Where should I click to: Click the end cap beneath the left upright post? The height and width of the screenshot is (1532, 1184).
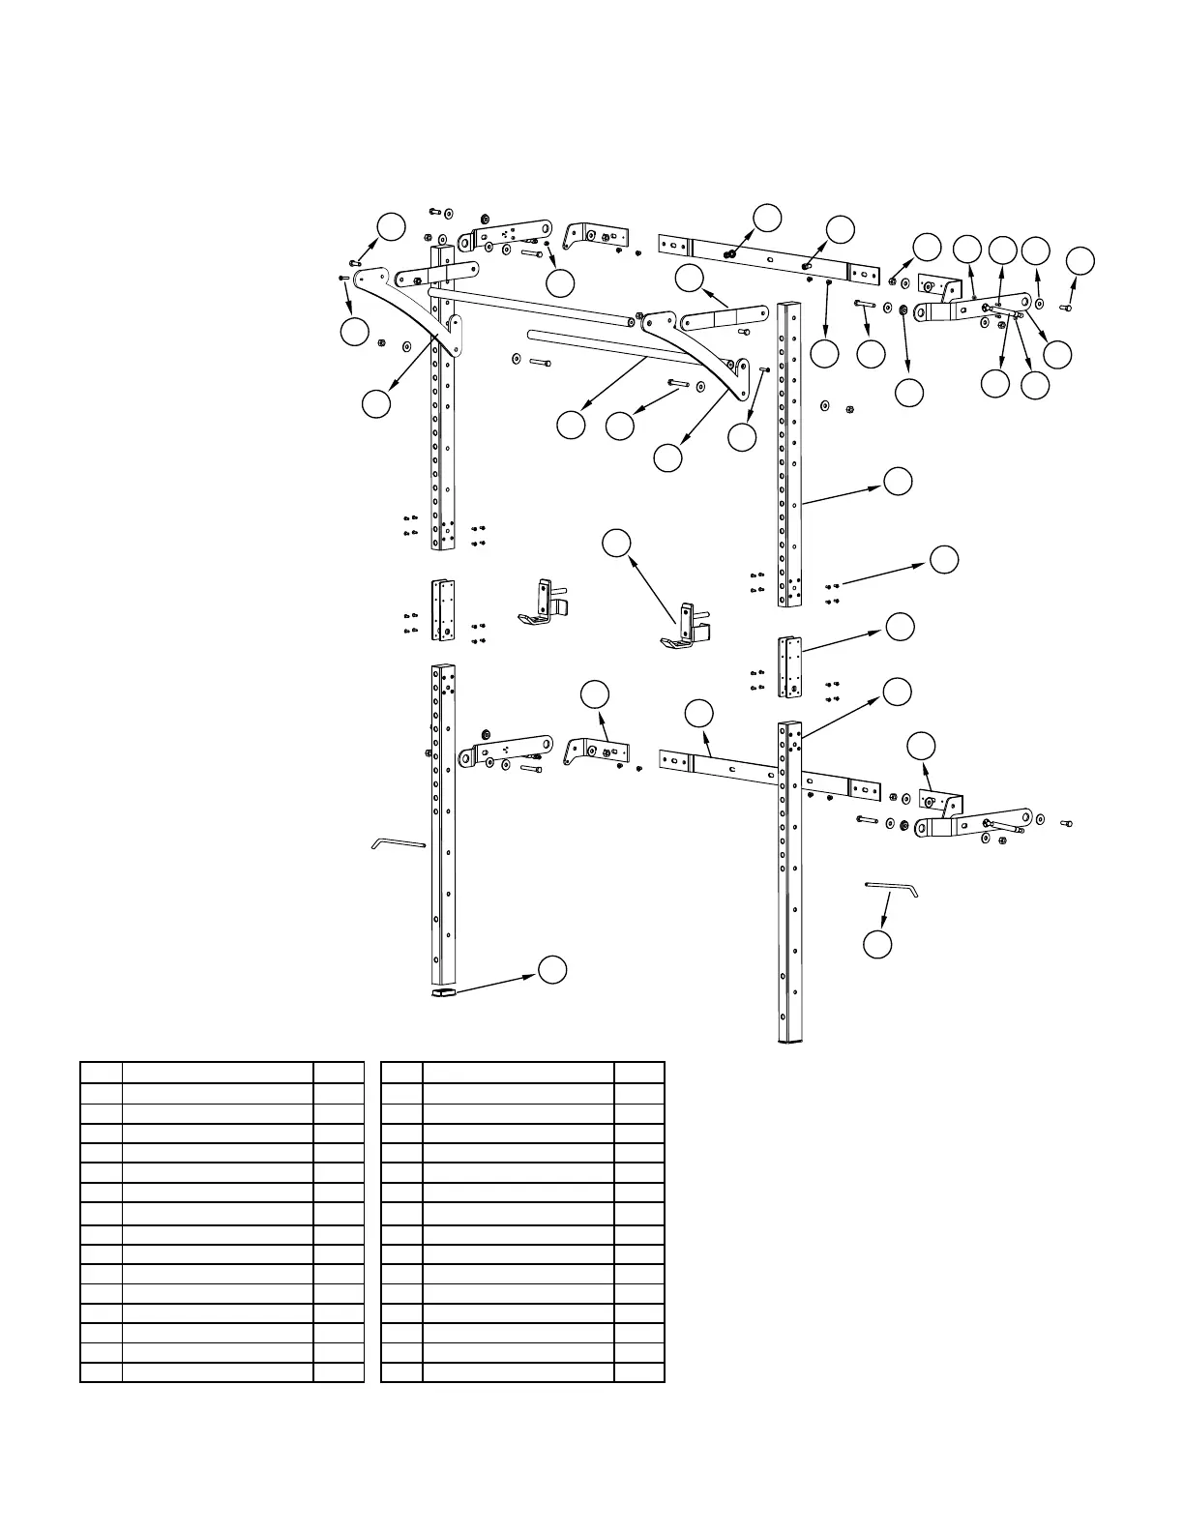[443, 991]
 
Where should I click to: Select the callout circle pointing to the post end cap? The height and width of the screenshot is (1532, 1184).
[552, 970]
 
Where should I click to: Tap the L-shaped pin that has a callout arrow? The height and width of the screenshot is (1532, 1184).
[891, 886]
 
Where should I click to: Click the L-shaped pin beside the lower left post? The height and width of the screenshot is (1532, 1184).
[399, 843]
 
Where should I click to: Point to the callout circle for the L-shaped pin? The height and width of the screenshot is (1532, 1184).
[877, 945]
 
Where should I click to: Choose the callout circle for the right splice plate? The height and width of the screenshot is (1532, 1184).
[900, 626]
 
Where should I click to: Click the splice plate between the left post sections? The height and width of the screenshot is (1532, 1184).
[444, 610]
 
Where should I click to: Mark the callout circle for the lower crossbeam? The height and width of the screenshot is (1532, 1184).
[698, 714]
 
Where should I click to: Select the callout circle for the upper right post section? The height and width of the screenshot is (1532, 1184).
[898, 482]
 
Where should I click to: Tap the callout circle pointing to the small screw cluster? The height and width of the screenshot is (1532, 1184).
[944, 559]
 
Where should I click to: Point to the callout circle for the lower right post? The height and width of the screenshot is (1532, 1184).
[898, 691]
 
